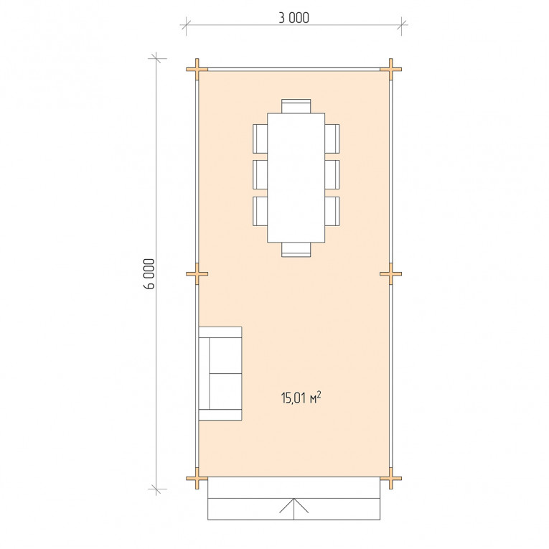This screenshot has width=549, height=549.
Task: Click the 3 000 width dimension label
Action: [x=294, y=18]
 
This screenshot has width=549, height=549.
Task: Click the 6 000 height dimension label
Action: [x=149, y=274]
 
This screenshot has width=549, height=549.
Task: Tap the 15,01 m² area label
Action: [x=301, y=398]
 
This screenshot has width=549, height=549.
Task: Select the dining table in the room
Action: [x=296, y=177]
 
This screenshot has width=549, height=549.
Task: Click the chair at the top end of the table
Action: [x=296, y=106]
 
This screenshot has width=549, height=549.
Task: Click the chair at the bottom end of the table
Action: [x=296, y=250]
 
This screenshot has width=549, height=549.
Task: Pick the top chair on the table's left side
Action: [x=260, y=139]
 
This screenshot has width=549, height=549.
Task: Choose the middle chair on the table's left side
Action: [x=260, y=174]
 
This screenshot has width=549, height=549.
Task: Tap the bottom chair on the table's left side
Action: [x=260, y=211]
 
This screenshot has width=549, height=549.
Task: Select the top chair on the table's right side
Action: [x=332, y=139]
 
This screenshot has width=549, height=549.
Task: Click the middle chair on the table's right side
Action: [x=332, y=174]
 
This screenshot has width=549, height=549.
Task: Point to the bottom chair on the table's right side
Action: [x=332, y=211]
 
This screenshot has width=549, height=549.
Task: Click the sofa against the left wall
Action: [x=220, y=374]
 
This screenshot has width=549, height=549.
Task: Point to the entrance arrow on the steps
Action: [x=294, y=509]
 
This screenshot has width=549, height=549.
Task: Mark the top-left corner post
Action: [x=197, y=70]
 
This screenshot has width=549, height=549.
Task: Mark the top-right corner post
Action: [x=390, y=70]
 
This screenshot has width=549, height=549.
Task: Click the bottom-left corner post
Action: [x=197, y=478]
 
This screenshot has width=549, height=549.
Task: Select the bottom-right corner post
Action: [x=390, y=478]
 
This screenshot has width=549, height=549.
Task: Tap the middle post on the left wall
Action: [x=197, y=274]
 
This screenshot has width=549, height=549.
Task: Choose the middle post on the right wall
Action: [x=390, y=274]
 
